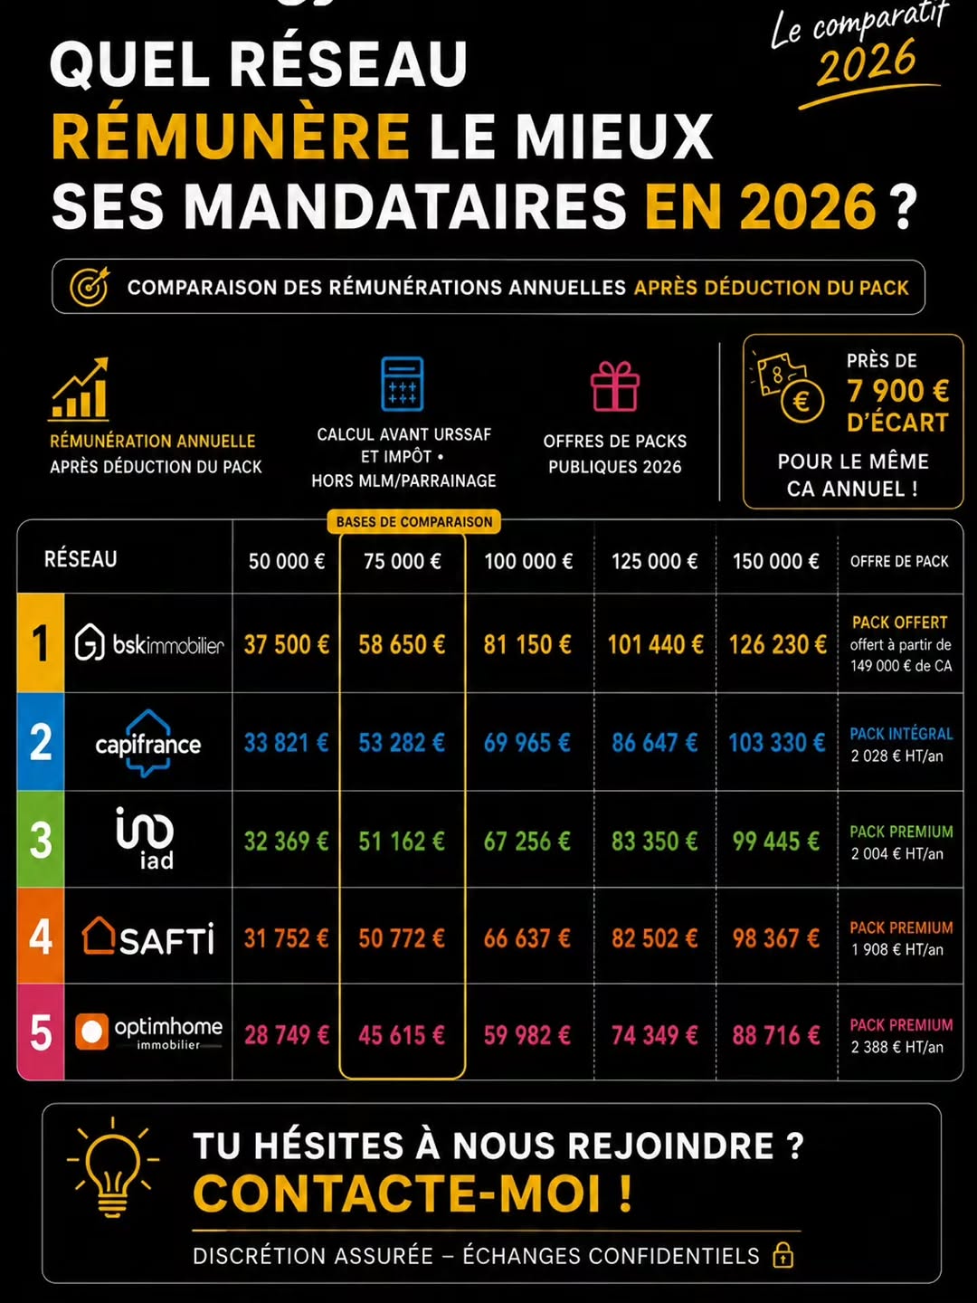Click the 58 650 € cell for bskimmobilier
pos(402,644)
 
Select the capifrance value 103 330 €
pos(776,743)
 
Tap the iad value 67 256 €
pos(526,842)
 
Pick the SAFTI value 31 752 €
pos(286,938)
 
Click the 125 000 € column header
pos(654,561)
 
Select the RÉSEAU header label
pos(81,559)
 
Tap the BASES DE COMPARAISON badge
pos(414,522)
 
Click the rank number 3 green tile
pos(41,840)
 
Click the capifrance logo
pos(147,743)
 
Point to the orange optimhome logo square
pos(92,1032)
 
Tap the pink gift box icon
pos(614,385)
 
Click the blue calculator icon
pos(403,384)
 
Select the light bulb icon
pos(113,1167)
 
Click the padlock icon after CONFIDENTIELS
pos(783,1256)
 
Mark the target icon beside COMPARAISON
pos(90,286)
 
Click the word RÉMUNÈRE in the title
pos(231,136)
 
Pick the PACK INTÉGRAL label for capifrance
pos(901,734)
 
